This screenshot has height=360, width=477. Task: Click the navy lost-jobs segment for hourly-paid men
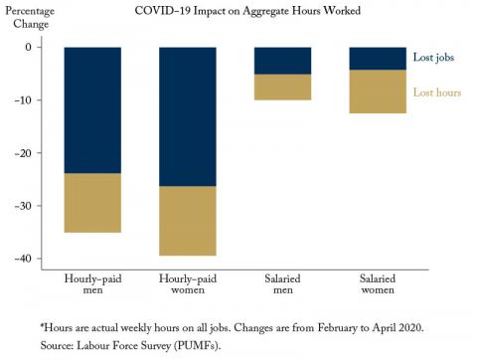click(92, 110)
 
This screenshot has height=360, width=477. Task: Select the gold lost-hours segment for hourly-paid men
click(92, 203)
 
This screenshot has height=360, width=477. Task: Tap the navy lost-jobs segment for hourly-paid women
click(188, 116)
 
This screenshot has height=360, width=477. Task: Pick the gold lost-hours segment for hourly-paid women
click(188, 221)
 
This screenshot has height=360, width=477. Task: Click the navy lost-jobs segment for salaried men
click(282, 61)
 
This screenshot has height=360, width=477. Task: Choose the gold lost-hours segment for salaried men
click(282, 88)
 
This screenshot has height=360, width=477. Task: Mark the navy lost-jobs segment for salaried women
click(378, 59)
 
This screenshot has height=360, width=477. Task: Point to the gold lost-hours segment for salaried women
click(378, 91)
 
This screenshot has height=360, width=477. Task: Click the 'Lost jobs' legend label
click(433, 58)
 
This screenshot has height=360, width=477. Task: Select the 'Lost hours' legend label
click(437, 92)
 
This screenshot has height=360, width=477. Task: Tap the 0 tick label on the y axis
click(29, 47)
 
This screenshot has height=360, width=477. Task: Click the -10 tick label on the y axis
click(23, 100)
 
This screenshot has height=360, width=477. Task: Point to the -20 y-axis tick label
click(23, 153)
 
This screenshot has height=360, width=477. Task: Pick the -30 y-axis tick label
click(23, 206)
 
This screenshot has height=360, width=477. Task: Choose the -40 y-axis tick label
click(23, 259)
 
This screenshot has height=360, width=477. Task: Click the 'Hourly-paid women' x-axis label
click(188, 284)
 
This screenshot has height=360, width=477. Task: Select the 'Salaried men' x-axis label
click(282, 284)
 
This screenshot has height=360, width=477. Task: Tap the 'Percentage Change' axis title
click(30, 18)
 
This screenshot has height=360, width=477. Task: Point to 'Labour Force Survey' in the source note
click(123, 345)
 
